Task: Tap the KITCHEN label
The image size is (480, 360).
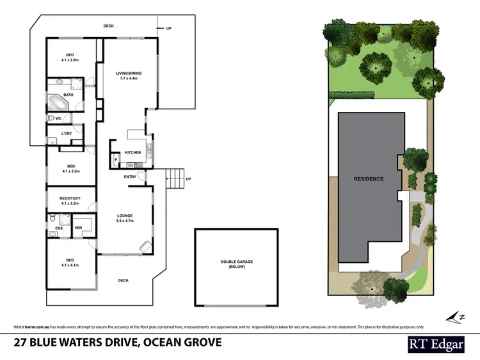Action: (132, 152)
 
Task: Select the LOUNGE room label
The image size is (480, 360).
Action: (124, 215)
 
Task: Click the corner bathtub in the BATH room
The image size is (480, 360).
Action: (57, 104)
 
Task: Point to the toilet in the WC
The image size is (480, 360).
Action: (51, 119)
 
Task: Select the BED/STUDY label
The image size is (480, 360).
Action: (68, 198)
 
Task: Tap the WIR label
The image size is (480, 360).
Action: (78, 227)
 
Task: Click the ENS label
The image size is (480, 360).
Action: (59, 227)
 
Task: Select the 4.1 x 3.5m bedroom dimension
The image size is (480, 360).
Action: (70, 171)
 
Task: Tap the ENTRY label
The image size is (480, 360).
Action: (130, 176)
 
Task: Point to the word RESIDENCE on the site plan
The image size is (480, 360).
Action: (369, 179)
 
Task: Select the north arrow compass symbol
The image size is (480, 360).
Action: (454, 316)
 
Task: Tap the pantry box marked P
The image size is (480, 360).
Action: (116, 160)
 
